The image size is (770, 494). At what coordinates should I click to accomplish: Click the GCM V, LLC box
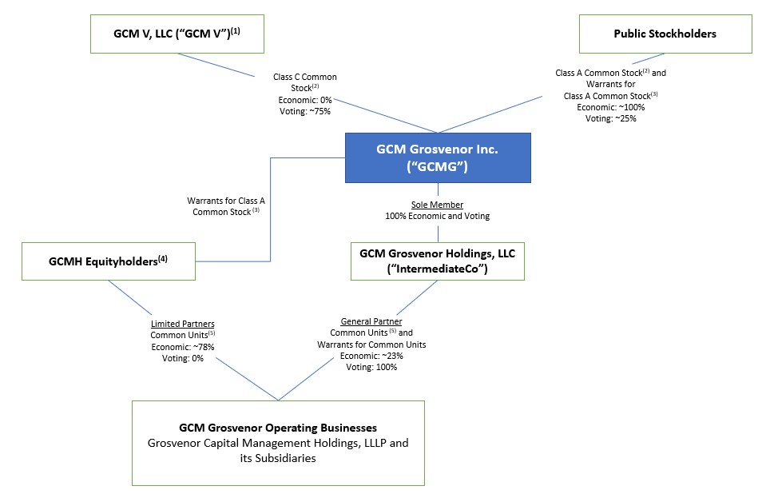click(177, 34)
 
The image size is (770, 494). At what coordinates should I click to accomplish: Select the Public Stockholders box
click(665, 34)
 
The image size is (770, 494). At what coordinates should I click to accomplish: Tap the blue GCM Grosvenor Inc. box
click(438, 157)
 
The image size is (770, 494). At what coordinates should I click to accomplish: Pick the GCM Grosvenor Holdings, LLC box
click(438, 261)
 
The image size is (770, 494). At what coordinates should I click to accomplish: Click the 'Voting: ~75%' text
click(304, 111)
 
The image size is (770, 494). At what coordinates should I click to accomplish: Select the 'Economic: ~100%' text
click(610, 107)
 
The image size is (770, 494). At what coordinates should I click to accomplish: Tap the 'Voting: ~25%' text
click(610, 118)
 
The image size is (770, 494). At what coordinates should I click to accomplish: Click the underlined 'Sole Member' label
click(438, 205)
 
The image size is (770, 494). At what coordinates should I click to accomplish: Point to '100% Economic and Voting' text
click(438, 217)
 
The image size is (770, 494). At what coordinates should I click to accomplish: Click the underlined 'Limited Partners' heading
click(182, 324)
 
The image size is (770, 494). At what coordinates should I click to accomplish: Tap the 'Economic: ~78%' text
click(182, 347)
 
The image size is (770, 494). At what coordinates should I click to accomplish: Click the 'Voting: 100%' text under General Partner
click(371, 367)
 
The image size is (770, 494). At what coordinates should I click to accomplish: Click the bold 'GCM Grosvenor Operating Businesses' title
click(278, 428)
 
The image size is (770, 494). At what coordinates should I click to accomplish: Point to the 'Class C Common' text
click(304, 77)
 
